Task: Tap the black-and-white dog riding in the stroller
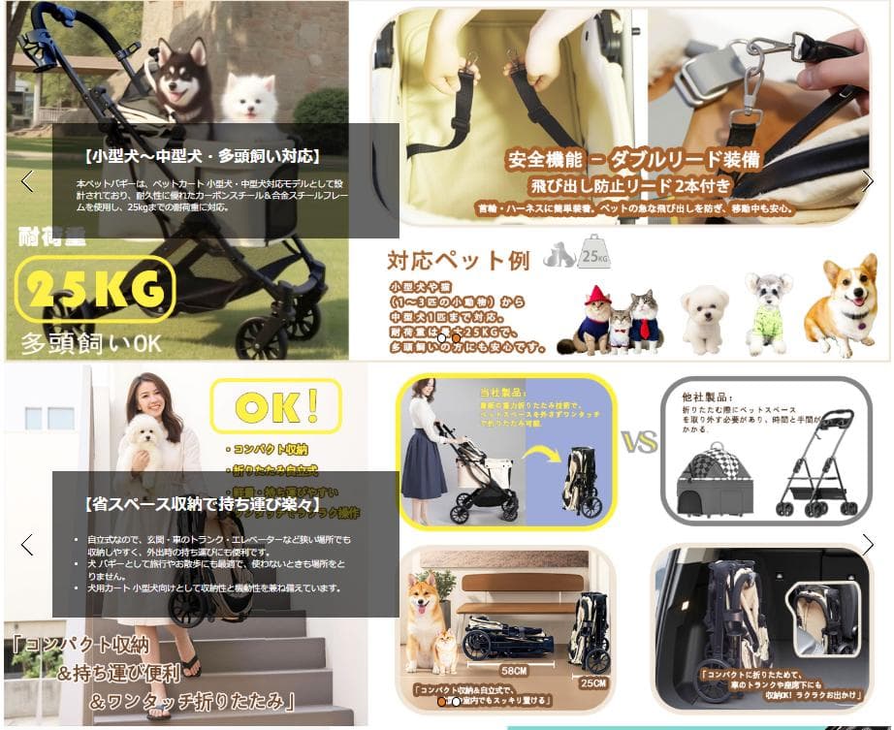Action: (x=181, y=79)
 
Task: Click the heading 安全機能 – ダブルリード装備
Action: (x=632, y=159)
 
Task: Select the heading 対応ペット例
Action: (x=459, y=261)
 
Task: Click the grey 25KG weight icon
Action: (x=593, y=254)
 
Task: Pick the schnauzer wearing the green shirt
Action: (x=766, y=310)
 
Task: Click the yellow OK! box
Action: (x=275, y=405)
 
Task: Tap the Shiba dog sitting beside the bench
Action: (x=425, y=610)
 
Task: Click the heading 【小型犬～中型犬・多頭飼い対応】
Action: (x=202, y=156)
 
